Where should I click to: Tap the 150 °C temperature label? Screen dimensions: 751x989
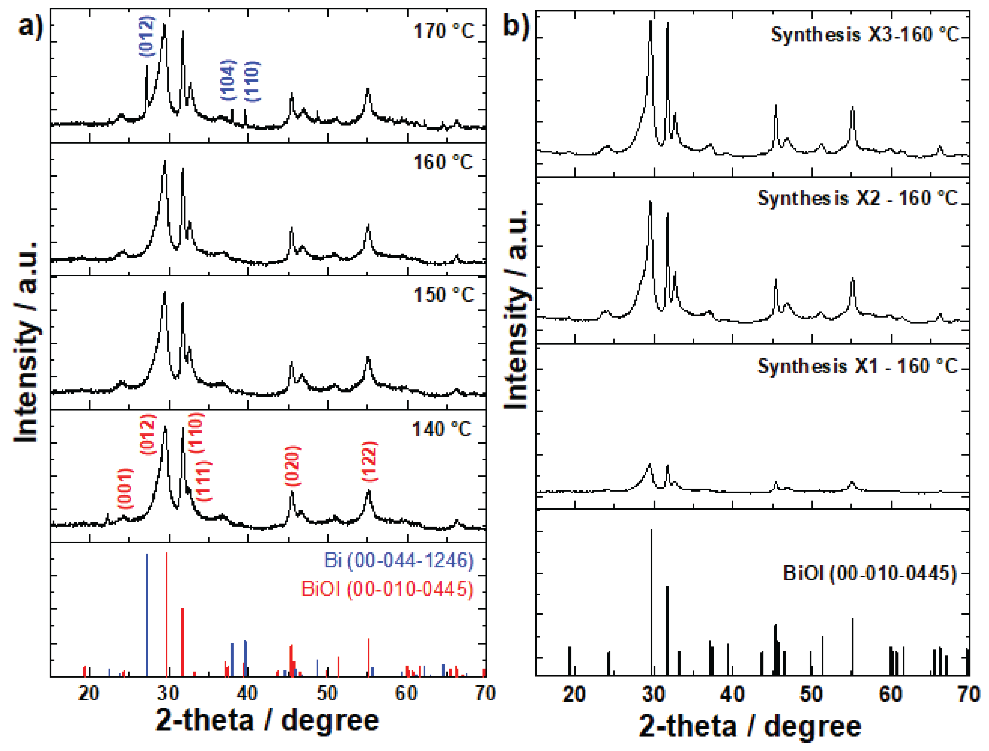(x=443, y=295)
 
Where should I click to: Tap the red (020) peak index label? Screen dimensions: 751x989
(x=293, y=466)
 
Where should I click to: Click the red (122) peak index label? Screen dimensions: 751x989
(x=370, y=462)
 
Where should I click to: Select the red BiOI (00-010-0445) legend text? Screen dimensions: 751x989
(x=387, y=589)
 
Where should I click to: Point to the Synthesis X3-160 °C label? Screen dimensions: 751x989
(x=865, y=34)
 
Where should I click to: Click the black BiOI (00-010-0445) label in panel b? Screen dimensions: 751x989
(x=870, y=573)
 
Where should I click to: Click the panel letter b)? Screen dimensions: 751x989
(x=516, y=26)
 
